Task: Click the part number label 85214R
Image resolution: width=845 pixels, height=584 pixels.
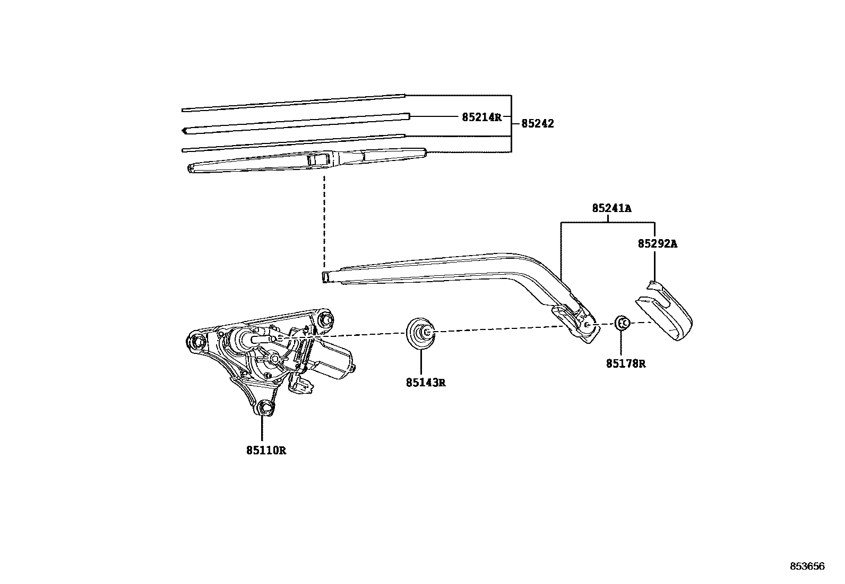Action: click(x=481, y=117)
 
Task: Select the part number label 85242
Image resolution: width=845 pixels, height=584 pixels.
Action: click(x=537, y=123)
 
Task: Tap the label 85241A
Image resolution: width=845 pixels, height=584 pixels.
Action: click(x=611, y=209)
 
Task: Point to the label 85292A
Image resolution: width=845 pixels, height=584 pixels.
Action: click(x=658, y=244)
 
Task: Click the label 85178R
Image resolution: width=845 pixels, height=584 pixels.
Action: click(x=626, y=364)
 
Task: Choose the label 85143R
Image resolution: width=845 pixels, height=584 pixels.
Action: click(x=425, y=382)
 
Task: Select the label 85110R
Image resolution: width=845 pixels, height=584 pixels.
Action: click(x=266, y=451)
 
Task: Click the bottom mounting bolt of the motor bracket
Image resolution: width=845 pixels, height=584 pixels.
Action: click(x=264, y=408)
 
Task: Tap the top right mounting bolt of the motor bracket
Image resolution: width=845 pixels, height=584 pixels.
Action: click(x=326, y=319)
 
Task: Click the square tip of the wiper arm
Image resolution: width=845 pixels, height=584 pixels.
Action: click(x=326, y=276)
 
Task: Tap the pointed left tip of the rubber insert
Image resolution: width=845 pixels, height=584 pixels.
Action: click(x=184, y=130)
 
